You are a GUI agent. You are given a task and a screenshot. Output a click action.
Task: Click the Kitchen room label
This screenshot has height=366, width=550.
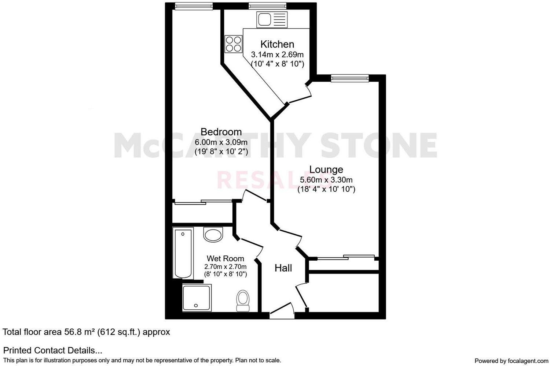[277, 44]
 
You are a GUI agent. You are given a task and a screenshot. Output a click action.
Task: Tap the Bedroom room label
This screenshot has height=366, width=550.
[221, 132]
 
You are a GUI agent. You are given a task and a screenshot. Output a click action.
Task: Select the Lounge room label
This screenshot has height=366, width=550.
[326, 169]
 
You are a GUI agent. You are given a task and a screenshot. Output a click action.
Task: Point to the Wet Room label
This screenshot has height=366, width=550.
[225, 258]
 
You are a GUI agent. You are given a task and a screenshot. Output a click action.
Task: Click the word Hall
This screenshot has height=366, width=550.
[283, 268]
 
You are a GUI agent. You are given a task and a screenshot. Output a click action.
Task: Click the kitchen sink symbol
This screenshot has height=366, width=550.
[272, 19]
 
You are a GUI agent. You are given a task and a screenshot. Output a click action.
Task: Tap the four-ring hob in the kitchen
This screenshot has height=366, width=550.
[234, 44]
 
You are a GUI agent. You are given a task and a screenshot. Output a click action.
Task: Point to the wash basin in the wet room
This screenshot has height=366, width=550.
[213, 234]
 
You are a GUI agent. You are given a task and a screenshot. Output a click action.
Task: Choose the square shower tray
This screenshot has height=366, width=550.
[197, 298]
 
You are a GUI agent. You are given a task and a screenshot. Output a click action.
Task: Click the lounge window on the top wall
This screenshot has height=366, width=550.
[350, 78]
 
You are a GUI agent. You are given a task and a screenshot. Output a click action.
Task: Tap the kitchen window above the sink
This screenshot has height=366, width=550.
[267, 6]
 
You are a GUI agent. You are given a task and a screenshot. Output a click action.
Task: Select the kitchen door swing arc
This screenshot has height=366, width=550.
[301, 93]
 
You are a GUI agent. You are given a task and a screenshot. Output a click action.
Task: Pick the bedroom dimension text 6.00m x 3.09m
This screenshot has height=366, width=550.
[221, 142]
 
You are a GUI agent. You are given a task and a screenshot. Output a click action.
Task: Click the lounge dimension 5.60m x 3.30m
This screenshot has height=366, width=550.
[326, 180]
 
